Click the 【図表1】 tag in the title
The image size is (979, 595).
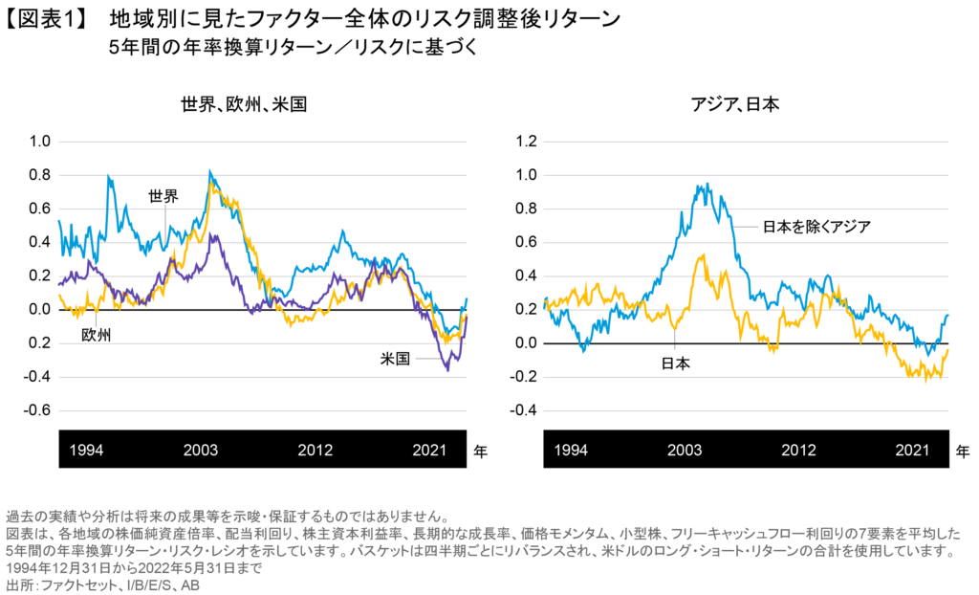click(x=49, y=18)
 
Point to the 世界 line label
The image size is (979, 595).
click(x=163, y=196)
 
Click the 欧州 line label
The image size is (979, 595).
click(x=97, y=336)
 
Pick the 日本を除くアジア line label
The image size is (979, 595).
click(x=816, y=227)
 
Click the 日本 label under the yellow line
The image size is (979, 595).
click(x=676, y=364)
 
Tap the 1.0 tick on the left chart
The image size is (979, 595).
click(x=39, y=142)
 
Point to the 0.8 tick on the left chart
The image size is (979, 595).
click(x=39, y=175)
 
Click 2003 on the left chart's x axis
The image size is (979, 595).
click(x=201, y=450)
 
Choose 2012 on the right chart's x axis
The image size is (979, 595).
click(x=799, y=450)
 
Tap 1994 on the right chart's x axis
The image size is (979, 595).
click(x=572, y=450)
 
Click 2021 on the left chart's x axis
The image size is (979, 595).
click(x=427, y=450)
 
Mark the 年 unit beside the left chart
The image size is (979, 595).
click(x=480, y=451)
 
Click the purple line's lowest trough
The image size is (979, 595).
click(x=446, y=370)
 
